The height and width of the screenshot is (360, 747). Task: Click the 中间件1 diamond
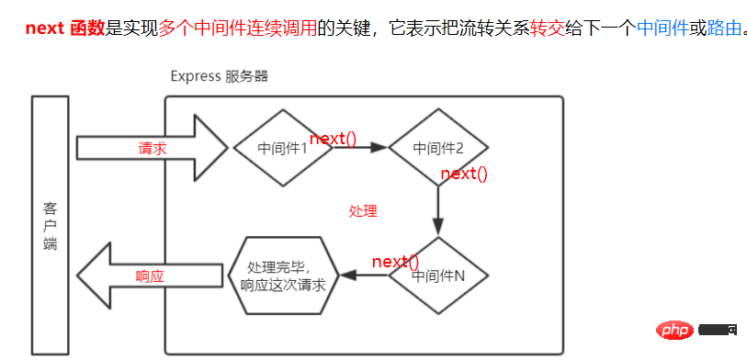282,147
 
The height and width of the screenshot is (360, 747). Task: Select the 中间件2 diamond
437,147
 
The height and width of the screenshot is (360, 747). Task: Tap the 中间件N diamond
437,275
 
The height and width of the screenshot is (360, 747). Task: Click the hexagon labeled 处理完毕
282,275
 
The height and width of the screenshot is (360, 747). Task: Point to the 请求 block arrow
153,147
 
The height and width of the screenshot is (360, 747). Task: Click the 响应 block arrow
153,276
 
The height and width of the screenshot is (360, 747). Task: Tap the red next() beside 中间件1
333,139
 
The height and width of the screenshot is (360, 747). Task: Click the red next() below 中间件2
463,173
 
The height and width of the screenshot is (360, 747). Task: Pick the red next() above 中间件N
395,262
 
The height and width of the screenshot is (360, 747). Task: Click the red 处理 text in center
363,210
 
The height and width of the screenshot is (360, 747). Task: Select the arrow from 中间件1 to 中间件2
360,147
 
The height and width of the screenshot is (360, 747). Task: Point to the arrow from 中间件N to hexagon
364,275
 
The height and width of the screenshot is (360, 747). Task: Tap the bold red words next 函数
65,28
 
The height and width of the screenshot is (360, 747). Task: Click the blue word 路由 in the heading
723,28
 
